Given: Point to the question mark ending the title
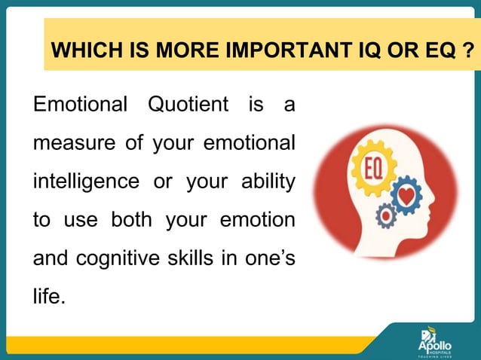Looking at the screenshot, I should tap(469, 52).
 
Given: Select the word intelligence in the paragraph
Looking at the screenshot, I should tap(84, 182).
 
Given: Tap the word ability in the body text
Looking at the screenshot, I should tap(267, 182).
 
